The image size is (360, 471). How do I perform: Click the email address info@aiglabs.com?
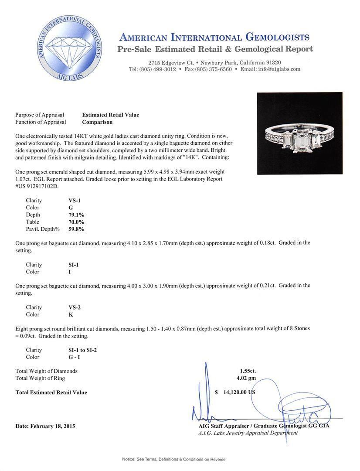pos(277,69)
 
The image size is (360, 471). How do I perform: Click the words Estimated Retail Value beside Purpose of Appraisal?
pos(111,115)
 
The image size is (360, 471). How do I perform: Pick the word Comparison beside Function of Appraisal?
pos(97,122)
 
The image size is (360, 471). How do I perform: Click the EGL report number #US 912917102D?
pos(37,186)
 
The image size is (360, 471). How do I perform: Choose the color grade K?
pos(65,314)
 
